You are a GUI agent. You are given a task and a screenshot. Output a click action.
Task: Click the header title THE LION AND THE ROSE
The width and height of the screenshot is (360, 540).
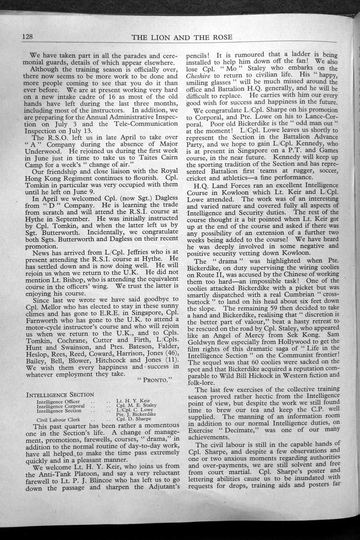point(182,37)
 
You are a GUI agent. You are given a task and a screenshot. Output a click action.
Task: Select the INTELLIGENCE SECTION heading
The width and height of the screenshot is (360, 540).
point(60,394)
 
